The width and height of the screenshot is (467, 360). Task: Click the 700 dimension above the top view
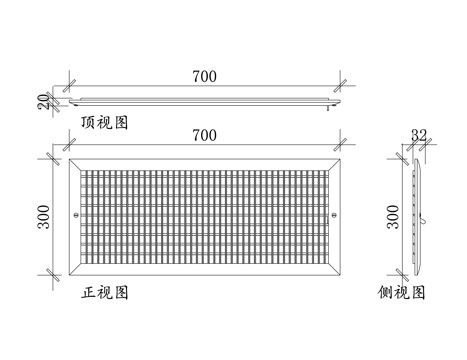203,76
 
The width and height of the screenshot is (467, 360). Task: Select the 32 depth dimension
417,135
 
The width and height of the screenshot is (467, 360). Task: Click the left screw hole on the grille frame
78,215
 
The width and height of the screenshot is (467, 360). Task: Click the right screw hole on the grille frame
333,215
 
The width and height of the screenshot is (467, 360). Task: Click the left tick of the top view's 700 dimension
68,86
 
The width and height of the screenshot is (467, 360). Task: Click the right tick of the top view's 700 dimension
341,86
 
